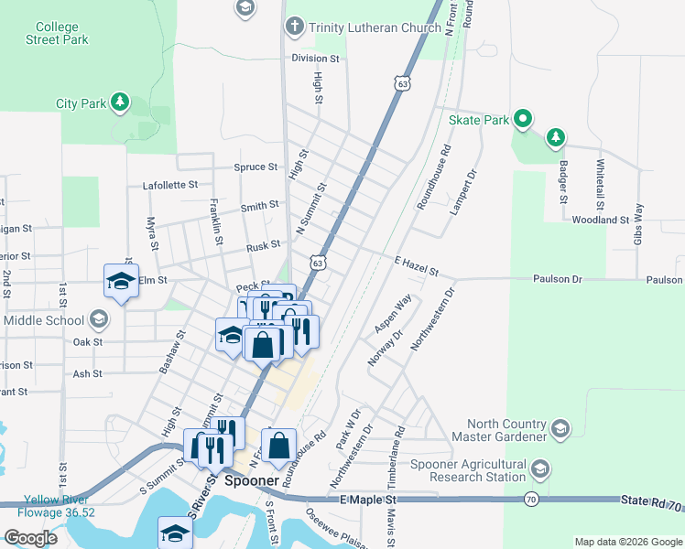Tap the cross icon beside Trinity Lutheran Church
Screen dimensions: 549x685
(x=295, y=26)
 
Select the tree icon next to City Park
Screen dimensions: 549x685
(x=119, y=102)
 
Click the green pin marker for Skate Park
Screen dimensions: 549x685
(x=522, y=119)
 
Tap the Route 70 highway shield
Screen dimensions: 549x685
(x=531, y=499)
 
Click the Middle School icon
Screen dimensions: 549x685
(x=100, y=320)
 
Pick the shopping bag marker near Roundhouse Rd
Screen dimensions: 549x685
(x=279, y=446)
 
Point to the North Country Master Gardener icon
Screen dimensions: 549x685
(x=560, y=428)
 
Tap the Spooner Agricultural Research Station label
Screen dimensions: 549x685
(x=468, y=470)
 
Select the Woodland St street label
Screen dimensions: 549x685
(x=600, y=220)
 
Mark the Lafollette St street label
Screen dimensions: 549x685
(x=170, y=185)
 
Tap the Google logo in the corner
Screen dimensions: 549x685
(x=29, y=537)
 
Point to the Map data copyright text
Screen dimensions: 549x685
(x=628, y=542)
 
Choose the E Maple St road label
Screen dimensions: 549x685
(x=368, y=500)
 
